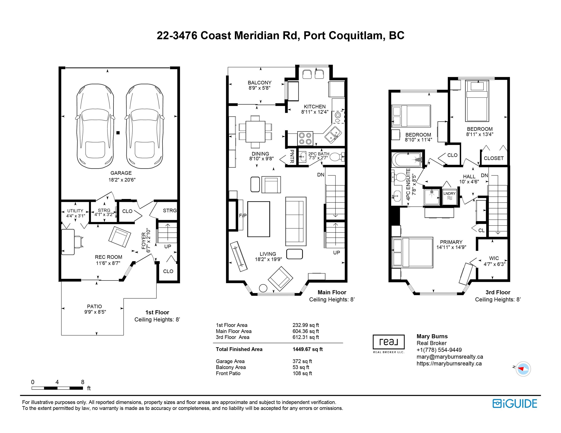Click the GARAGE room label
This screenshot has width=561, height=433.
click(x=121, y=173)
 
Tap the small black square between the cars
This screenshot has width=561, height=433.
click(x=118, y=133)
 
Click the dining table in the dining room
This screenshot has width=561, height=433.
click(x=255, y=132)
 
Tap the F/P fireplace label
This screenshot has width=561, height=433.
click(x=243, y=216)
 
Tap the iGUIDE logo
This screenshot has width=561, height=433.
click(x=515, y=403)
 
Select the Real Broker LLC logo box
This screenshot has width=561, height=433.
click(x=389, y=342)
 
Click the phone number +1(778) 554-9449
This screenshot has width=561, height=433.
click(x=439, y=350)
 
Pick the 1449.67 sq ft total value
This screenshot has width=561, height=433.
click(x=308, y=349)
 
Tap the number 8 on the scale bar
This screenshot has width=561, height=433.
click(x=82, y=382)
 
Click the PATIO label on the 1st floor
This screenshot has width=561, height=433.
click(x=94, y=306)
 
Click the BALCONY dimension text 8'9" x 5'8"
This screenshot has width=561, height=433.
click(x=260, y=88)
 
